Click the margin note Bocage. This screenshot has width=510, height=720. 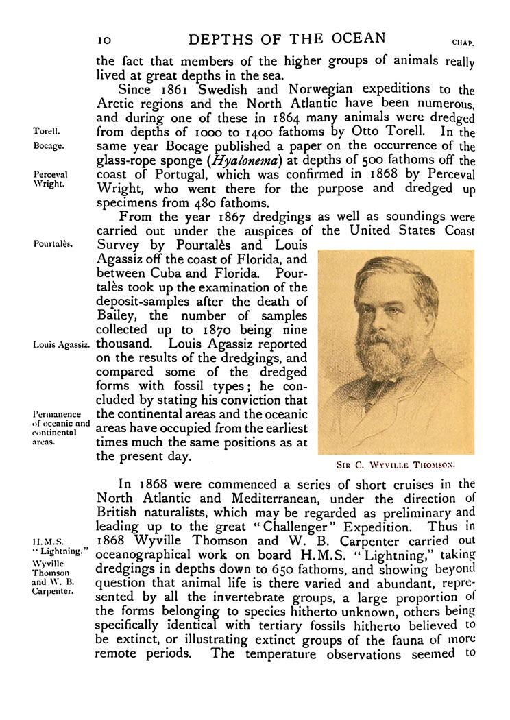click(48, 146)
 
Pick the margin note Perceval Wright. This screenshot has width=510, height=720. click(49, 180)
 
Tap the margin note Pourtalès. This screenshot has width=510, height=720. click(53, 242)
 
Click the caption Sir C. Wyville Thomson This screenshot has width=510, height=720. click(396, 463)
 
